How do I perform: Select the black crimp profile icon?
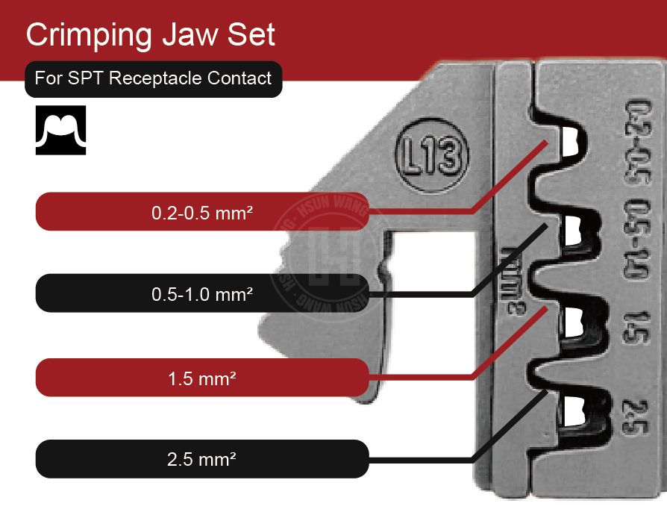click(61, 130)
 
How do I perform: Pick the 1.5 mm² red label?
click(201, 378)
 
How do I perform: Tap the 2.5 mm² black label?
click(201, 458)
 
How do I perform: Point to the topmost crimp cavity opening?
click(569, 143)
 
